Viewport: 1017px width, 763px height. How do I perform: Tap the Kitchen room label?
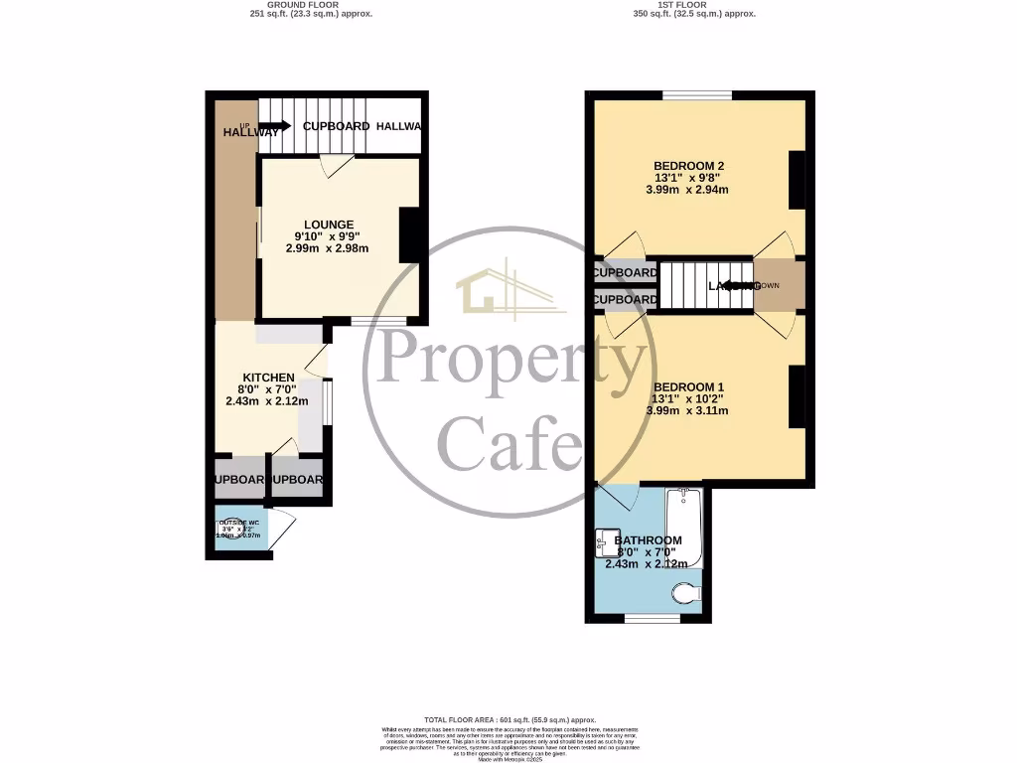[x=266, y=378]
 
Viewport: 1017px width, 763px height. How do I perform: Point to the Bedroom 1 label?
[x=689, y=386]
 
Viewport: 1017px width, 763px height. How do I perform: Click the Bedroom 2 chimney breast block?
[x=797, y=180]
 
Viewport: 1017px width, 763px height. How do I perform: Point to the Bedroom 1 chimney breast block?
[x=797, y=396]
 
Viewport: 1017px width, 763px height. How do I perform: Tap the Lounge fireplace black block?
[x=407, y=235]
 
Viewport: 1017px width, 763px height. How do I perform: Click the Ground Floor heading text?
[x=309, y=5]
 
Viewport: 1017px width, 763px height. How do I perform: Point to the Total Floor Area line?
[x=509, y=719]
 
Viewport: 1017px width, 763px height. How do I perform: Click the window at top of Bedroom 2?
[x=697, y=95]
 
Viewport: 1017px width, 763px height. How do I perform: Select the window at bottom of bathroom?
[x=653, y=618]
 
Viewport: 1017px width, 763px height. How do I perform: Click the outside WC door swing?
[x=282, y=528]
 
